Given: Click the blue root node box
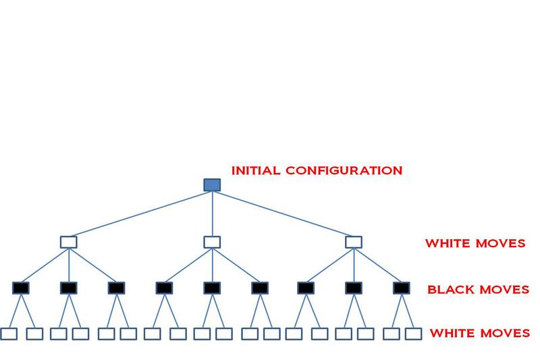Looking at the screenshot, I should coord(212,184).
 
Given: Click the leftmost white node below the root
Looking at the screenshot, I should coord(68,242).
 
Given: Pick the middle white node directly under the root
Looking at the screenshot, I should coord(212,242).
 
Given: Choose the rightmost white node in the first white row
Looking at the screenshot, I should coord(354,242).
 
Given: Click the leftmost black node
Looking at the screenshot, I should coord(21,288).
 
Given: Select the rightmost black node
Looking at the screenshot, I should coord(402,288).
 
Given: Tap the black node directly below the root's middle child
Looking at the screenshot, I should coord(212,288).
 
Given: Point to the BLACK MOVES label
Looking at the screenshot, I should coord(478,290).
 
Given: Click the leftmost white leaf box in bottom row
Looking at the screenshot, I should coord(9,334).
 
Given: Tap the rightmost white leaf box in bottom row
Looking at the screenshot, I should coord(413,334).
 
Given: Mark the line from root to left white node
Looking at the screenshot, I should coord(140,213).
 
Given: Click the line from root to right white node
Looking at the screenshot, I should coord(283,213).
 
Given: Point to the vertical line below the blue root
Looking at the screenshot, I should coord(212,213).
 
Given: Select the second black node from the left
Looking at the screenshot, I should coord(68,288).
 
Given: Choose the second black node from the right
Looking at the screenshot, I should coord(354,288).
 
